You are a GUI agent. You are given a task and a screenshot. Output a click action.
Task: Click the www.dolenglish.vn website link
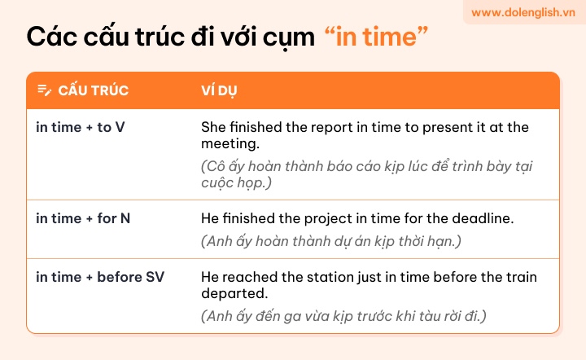[523, 12]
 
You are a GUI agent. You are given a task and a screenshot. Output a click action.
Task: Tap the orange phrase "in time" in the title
[376, 37]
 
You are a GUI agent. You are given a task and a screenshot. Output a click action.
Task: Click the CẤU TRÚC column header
[93, 90]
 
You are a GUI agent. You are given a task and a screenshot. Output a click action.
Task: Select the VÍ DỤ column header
[219, 90]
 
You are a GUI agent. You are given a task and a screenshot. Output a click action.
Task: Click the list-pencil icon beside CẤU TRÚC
[45, 90]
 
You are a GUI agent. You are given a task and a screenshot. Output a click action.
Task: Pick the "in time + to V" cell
[81, 128]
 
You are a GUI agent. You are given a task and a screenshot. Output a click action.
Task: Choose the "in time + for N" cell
[83, 218]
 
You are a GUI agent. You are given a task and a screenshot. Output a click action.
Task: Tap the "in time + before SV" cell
[100, 277]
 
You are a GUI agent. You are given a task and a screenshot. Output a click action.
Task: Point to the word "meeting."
[230, 144]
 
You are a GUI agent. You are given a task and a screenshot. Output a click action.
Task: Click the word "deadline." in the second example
[483, 218]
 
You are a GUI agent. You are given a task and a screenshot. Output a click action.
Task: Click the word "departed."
[234, 294]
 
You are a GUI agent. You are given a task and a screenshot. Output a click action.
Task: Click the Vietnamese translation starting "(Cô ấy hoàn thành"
[366, 174]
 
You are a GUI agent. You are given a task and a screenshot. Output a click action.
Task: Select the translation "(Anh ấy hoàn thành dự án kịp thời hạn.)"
[331, 242]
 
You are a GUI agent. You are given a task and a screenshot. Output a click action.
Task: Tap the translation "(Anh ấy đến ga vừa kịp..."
[343, 316]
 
